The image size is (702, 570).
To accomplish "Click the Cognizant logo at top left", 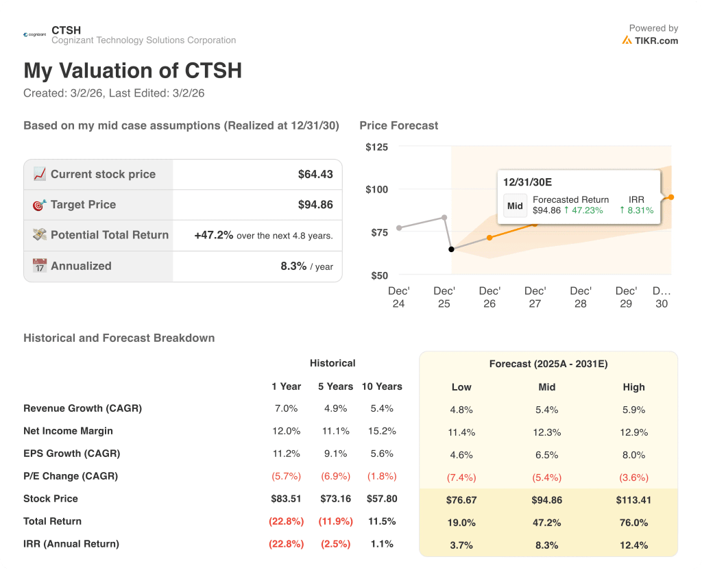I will pos(34,34).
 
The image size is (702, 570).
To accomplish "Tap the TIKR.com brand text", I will pos(655,40).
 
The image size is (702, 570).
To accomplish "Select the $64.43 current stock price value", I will pos(315,175).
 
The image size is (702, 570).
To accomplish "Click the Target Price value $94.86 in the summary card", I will pos(315,205).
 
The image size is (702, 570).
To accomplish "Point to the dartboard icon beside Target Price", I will pos(40,205).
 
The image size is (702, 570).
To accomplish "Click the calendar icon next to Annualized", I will pos(40,266).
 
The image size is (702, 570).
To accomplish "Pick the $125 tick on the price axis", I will pos(376,147).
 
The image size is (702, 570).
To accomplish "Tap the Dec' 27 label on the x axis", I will pos(535,297).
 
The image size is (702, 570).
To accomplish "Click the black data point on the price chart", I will pos(451,249).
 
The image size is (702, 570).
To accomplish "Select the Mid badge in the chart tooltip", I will pos(515,206).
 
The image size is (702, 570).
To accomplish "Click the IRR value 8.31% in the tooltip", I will pos(636,210).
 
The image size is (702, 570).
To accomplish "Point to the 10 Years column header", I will pos(382,386).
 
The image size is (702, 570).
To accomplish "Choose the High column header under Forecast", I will pos(633,387).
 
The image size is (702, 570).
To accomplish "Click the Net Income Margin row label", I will pos(68,431).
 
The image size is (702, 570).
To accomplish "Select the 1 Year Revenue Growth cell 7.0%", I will pos(286,408).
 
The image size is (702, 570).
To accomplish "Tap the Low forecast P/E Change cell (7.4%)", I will pos(461,478).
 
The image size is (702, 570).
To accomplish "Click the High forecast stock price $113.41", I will pos(633,500).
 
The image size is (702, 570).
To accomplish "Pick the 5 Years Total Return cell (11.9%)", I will pos(335,521).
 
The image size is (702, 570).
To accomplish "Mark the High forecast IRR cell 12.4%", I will pos(633,545).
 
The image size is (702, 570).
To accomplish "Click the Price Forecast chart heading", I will pos(398,125).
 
